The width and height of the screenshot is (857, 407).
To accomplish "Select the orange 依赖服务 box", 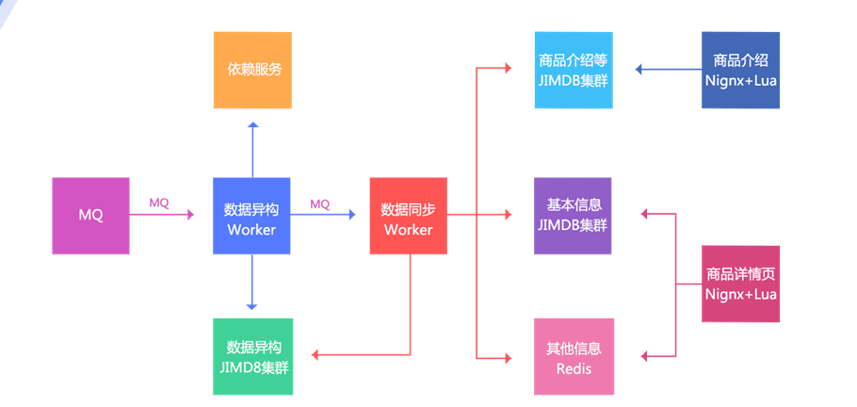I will [x=252, y=70].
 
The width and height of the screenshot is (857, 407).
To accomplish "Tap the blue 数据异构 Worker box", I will [x=251, y=215].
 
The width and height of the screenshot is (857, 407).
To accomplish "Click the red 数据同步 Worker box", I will [x=408, y=215].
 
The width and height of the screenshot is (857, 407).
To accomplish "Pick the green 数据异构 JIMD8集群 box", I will [x=252, y=356].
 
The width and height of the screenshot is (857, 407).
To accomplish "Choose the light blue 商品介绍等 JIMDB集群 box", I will [x=573, y=70].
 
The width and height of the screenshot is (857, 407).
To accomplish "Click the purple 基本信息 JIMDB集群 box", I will [x=573, y=215].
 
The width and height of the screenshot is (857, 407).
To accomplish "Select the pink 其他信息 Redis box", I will [x=573, y=356].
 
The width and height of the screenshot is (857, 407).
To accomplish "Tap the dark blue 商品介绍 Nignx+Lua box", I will [x=740, y=70].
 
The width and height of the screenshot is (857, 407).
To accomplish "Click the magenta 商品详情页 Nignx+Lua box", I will [x=740, y=284].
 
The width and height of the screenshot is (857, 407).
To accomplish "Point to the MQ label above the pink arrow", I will [x=159, y=203].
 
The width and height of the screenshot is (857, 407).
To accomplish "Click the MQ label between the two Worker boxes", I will [x=320, y=203].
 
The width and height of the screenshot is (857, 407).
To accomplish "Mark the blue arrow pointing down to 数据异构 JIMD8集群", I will [x=252, y=283].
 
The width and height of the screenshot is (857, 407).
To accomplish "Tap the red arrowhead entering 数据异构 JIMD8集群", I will [x=315, y=355].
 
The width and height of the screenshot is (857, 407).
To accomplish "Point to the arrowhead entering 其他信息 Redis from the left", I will [x=508, y=357].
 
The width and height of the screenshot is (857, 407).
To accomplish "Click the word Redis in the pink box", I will [x=574, y=368].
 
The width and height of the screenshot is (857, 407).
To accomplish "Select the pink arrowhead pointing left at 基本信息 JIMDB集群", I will [x=645, y=215].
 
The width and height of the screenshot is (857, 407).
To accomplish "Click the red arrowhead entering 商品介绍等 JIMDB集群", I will [x=508, y=69].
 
